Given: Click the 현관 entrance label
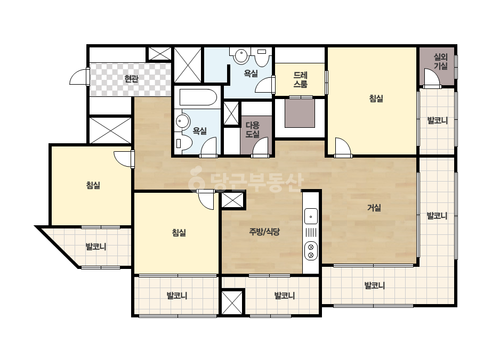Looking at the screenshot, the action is (x=131, y=78).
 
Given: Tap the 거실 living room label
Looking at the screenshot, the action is (x=374, y=208).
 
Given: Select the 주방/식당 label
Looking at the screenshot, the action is (x=264, y=232).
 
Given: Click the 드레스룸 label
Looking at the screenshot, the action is (x=300, y=80).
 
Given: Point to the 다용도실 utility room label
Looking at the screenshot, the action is (x=253, y=130).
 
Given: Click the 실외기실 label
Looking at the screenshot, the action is (x=440, y=61).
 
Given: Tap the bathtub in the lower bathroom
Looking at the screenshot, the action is (x=198, y=97).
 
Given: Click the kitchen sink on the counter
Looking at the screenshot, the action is (x=311, y=216).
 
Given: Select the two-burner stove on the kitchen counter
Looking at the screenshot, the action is (x=311, y=251).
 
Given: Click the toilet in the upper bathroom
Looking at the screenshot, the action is (x=262, y=57).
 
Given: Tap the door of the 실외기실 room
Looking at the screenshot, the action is (x=432, y=78).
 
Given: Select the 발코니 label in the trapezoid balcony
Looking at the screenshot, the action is (x=96, y=247).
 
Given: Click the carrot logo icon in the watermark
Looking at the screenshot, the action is (x=196, y=179).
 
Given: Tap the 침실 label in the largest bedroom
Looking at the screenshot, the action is (x=376, y=99).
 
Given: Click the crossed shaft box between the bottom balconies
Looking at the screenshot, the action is (x=232, y=302).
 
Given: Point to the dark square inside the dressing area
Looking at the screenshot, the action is (x=300, y=113).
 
